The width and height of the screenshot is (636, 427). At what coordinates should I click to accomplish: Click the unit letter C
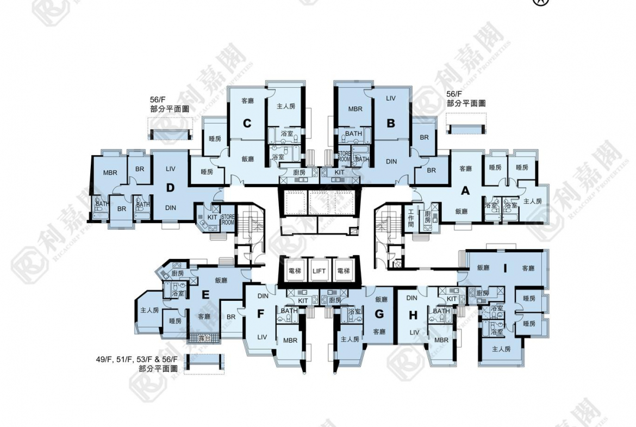247,123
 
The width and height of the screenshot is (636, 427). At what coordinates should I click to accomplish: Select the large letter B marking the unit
390,123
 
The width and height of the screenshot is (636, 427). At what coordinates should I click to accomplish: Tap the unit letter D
170,188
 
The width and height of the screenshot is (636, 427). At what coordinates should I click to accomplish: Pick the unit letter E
205,295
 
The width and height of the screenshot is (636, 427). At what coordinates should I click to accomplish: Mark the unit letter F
260,314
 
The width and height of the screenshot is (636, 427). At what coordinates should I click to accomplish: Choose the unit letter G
379,314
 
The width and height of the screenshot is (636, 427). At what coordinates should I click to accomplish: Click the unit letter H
413,314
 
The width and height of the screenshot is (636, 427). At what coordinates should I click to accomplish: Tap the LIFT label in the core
319,270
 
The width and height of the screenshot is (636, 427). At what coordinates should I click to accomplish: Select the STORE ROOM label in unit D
228,220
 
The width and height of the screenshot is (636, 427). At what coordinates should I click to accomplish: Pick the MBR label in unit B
355,109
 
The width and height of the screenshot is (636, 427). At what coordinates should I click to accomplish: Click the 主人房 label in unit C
285,107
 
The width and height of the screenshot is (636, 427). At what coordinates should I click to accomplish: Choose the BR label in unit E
230,317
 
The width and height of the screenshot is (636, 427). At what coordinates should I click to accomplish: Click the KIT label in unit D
211,216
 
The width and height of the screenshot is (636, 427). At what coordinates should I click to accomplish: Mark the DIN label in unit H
411,298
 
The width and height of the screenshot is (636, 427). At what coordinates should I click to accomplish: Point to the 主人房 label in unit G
350,339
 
